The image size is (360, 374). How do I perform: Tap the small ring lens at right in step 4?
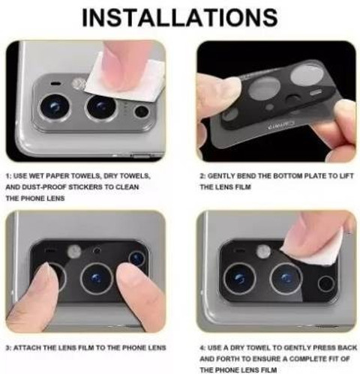click(325, 283)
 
